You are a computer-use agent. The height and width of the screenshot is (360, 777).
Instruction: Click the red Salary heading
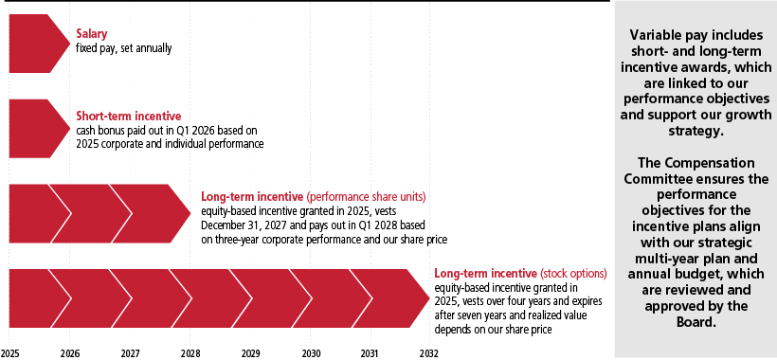point(91,34)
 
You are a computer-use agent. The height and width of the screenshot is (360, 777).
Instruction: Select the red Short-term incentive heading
point(128,117)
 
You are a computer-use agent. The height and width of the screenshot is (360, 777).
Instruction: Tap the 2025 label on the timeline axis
point(9,353)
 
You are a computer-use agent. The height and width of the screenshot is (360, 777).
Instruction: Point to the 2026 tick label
point(69,353)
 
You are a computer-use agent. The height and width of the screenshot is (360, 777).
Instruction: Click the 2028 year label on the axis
point(190,353)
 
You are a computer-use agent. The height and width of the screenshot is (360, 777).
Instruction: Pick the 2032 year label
point(429,353)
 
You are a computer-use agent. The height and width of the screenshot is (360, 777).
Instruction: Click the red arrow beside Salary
point(40,44)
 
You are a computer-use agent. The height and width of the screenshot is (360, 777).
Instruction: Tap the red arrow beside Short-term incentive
point(40,129)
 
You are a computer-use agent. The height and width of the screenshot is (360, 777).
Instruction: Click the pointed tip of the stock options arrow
point(429,298)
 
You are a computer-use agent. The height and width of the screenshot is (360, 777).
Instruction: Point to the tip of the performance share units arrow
point(190,213)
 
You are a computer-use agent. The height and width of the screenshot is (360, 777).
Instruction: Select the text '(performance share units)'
point(366,197)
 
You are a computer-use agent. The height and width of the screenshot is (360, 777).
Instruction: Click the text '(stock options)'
point(573,274)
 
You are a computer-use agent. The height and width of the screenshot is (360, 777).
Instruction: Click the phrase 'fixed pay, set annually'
point(123,48)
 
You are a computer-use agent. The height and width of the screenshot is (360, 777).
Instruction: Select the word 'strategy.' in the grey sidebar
point(696,133)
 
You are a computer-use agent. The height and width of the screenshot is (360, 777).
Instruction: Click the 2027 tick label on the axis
point(130,353)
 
